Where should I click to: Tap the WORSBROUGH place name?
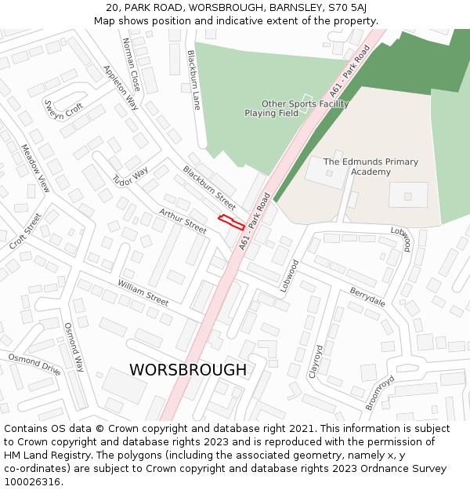tap(188, 369)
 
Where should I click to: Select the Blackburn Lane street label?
tap(193, 80)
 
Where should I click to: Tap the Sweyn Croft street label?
tap(63, 109)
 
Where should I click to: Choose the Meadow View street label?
tap(35, 168)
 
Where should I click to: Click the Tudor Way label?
tap(130, 178)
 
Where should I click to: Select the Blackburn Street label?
tap(209, 187)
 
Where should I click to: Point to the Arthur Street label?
tap(183, 221)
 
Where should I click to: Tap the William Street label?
tap(143, 292)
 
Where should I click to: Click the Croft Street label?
tap(25, 231)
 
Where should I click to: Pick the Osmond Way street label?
tap(74, 347)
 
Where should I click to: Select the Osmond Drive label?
tap(34, 364)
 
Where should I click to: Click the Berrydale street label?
tap(367, 296)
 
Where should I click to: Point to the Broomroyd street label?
tap(381, 393)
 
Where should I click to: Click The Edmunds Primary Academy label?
tap(371, 166)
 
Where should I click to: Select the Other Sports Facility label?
tap(305, 103)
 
